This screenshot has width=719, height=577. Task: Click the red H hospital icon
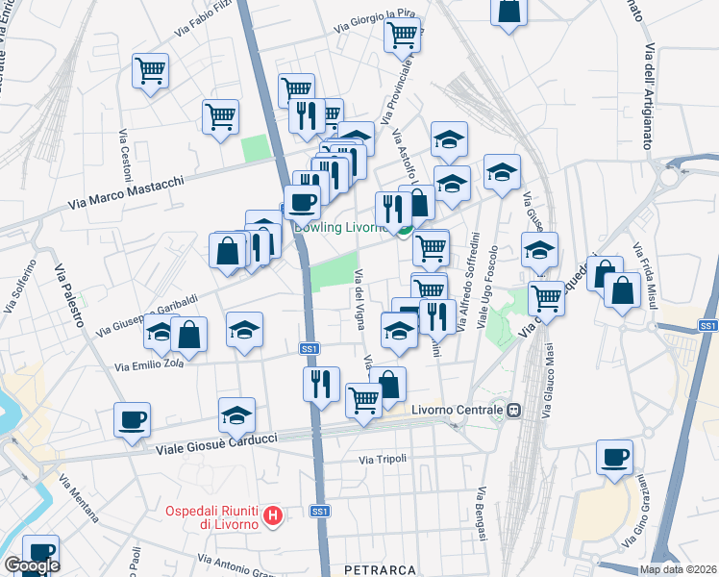coord(274,517)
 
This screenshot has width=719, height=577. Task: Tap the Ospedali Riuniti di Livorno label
coord(216,516)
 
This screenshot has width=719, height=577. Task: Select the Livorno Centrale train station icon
coord(514,410)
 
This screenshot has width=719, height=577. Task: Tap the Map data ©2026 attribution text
coord(677,569)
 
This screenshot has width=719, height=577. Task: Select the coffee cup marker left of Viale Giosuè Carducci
coord(133,419)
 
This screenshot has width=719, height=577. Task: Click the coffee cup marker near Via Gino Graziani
coord(614,457)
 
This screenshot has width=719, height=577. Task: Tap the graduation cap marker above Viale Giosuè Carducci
coord(236,414)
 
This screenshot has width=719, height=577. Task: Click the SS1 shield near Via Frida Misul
coord(707,327)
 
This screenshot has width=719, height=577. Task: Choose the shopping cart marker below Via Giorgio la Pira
coord(402,35)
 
